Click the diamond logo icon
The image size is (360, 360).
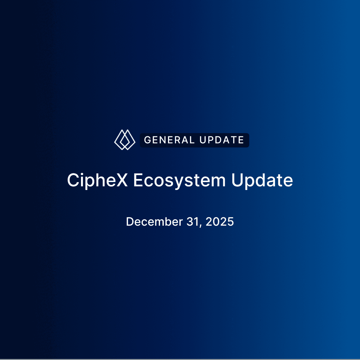point(125,139)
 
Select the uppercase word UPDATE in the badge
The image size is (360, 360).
point(222,140)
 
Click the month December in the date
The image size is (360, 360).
point(154,222)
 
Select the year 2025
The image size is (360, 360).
point(220,222)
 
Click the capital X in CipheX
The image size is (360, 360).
point(122,180)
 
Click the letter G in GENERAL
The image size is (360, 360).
point(147,140)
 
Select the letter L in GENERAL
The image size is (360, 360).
point(192,140)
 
